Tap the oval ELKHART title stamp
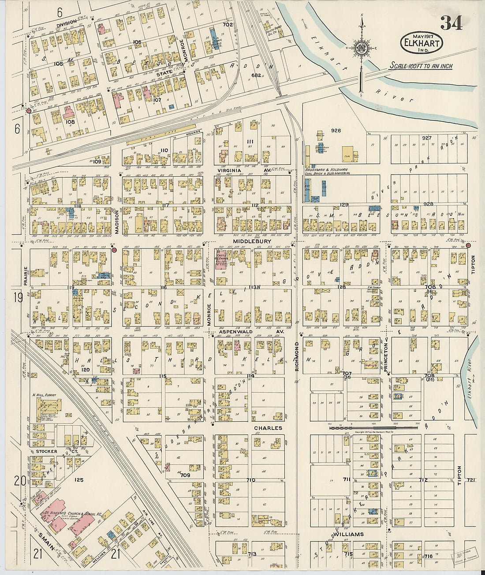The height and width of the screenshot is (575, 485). click(x=421, y=43)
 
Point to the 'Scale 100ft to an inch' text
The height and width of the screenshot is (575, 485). click(x=421, y=66)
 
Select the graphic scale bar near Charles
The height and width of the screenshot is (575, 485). click(x=374, y=427)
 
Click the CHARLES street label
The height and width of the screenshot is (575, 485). click(x=268, y=428)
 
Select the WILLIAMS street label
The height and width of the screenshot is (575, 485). click(x=348, y=534)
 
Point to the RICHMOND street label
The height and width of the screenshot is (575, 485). click(x=297, y=356)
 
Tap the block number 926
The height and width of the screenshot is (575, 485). click(x=336, y=130)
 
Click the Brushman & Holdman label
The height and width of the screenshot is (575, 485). click(x=326, y=169)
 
